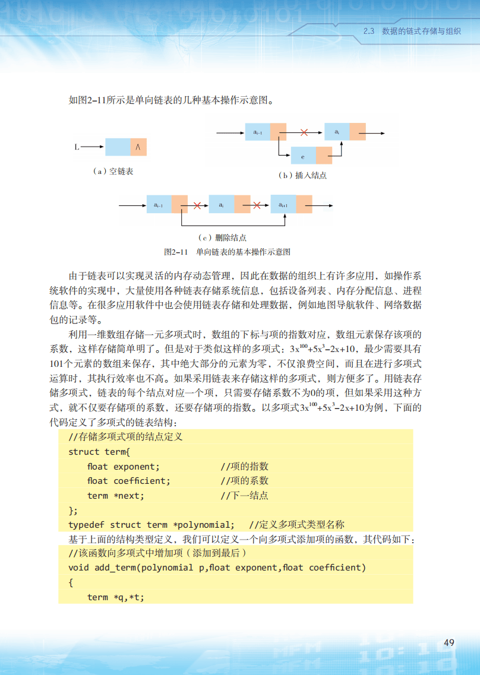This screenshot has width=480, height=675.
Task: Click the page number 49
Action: [449, 642]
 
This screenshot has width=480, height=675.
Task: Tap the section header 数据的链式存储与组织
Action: [421, 31]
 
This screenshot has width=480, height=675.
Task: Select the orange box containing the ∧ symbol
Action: [138, 147]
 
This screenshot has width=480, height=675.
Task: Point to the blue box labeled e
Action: [303, 156]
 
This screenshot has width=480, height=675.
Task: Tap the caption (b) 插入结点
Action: [303, 176]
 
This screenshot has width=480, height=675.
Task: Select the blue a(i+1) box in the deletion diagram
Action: [283, 205]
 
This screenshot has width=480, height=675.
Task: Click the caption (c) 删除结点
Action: [223, 237]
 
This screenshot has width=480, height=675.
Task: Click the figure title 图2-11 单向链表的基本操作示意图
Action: [227, 252]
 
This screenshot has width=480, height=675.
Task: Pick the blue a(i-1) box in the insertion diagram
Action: [257, 132]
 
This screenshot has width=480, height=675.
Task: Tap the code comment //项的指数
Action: [245, 467]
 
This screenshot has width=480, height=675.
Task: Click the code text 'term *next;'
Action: [116, 496]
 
